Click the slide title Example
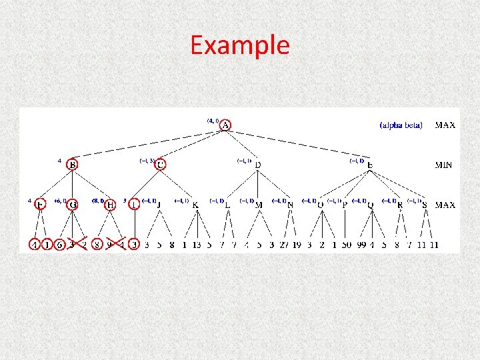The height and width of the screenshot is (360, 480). (x=239, y=45)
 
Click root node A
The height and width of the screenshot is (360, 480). (x=226, y=125)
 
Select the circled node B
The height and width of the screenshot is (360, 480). (x=73, y=164)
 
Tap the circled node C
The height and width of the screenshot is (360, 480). (x=161, y=164)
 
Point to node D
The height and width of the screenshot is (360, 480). (x=258, y=165)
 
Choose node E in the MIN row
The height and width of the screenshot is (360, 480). (x=370, y=165)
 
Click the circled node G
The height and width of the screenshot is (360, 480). (x=73, y=204)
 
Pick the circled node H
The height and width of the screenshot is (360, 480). (x=111, y=204)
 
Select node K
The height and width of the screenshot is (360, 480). (x=195, y=205)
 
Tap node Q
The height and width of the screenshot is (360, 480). (x=370, y=205)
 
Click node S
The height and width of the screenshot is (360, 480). (x=425, y=205)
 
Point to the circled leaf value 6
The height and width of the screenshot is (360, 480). (x=60, y=245)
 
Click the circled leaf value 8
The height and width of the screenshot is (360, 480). (x=97, y=245)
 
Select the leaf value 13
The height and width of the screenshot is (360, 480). (x=196, y=245)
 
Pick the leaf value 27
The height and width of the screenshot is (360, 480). (x=284, y=245)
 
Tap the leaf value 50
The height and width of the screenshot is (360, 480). (x=346, y=245)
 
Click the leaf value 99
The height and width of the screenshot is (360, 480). (x=362, y=245)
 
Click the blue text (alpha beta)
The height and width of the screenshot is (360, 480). (x=401, y=125)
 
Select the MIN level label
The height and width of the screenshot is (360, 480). (x=443, y=165)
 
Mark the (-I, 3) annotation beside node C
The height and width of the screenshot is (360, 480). (x=147, y=160)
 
